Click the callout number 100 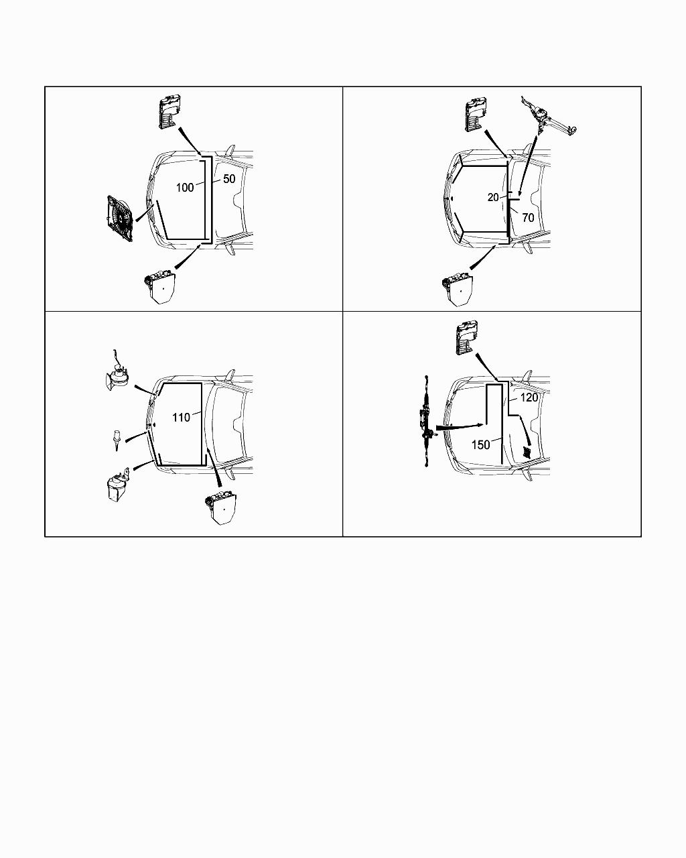[x=185, y=188]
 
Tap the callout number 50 [x=229, y=179]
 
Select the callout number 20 [x=493, y=197]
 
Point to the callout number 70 [x=528, y=218]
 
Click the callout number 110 [x=181, y=418]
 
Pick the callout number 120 [x=529, y=397]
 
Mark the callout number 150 [x=481, y=444]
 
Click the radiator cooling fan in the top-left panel [x=120, y=218]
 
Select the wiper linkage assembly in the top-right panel [x=549, y=116]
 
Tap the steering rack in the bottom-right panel [x=427, y=421]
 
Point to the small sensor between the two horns [x=117, y=440]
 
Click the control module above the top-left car [x=169, y=112]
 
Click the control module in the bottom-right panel [x=467, y=337]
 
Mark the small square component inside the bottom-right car [x=527, y=452]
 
